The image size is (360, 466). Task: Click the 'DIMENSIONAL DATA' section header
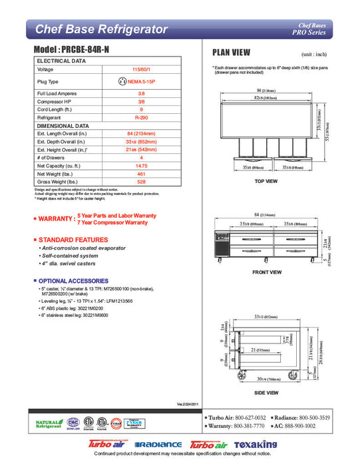63,124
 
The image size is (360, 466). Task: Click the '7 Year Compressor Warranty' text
112,222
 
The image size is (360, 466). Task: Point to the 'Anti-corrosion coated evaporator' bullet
83,248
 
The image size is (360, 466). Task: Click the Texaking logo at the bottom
248,444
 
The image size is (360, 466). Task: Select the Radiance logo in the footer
158,445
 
